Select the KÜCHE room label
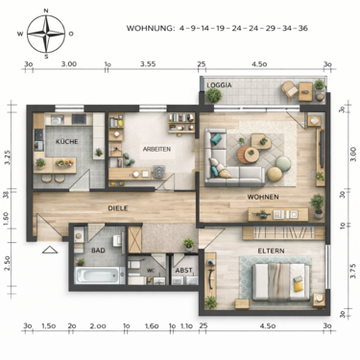point(67,142)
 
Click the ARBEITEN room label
point(157,150)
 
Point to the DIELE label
point(118,205)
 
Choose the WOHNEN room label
point(262,197)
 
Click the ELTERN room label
point(270,251)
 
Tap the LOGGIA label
point(219,84)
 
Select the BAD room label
point(98,251)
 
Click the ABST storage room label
point(183,271)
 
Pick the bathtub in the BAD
point(93,277)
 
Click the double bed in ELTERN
point(279,281)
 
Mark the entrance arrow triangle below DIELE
point(49,250)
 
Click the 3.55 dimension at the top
point(147,63)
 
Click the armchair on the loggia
point(289,91)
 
